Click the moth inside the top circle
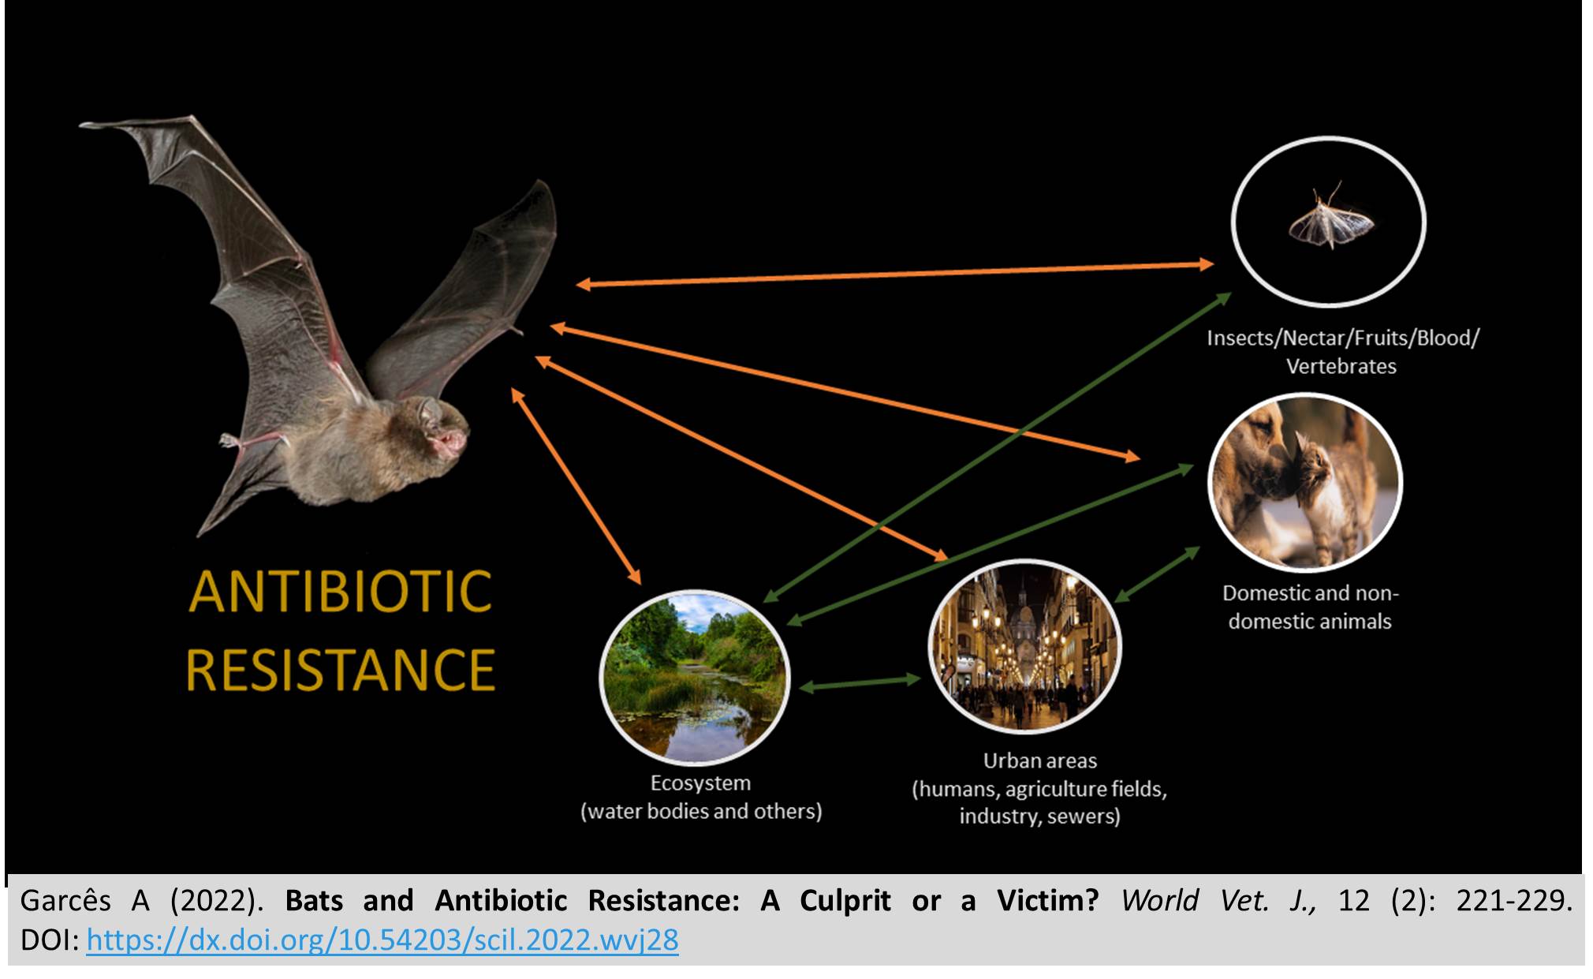(1331, 219)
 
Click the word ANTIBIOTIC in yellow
(341, 592)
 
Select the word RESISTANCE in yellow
(341, 670)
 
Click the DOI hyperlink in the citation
(382, 940)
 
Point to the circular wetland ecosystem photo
(695, 677)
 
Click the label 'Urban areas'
(1039, 760)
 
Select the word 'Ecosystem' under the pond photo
(700, 783)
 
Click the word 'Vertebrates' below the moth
(1341, 366)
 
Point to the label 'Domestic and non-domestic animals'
(1310, 607)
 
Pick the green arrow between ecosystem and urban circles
(860, 682)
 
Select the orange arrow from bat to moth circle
(894, 275)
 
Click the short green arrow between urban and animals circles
(1157, 574)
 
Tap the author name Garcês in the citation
(65, 901)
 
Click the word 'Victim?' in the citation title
(1047, 900)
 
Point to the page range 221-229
(1513, 900)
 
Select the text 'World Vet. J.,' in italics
(1218, 900)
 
